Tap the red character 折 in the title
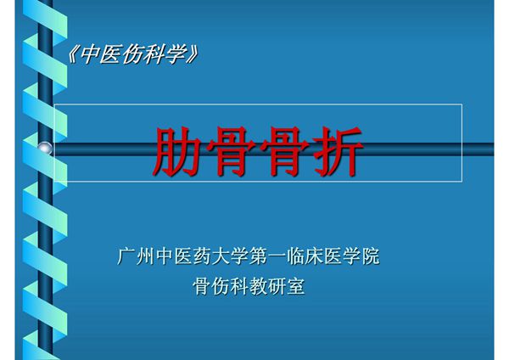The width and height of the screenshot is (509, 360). coord(337,151)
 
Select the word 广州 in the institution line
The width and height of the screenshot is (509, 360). coord(136,256)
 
